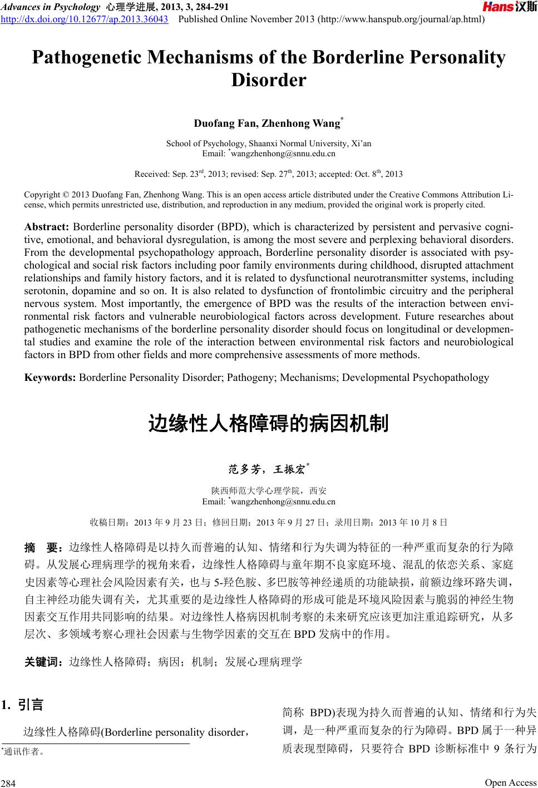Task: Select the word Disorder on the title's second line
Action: pos(269,81)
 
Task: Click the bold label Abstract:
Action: pos(47,228)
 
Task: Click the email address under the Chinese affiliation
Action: pos(283,502)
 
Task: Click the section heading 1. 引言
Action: pos(23,705)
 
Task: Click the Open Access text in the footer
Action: pos(510,782)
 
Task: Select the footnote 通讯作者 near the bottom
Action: pos(22,752)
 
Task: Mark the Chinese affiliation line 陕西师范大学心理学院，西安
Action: pos(269,491)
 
